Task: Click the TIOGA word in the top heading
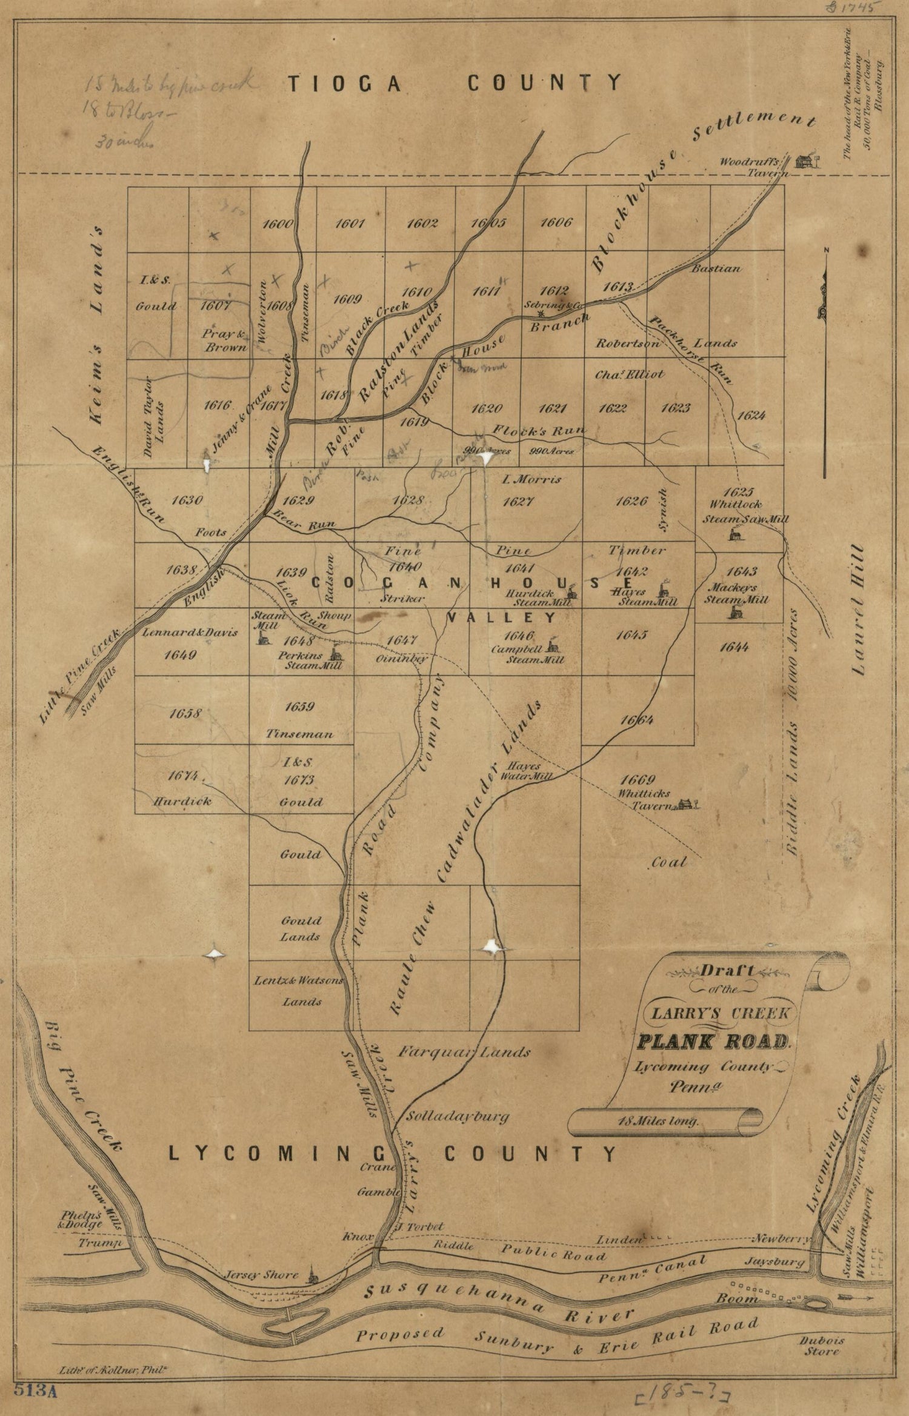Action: pyautogui.click(x=344, y=84)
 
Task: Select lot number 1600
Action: pyautogui.click(x=278, y=224)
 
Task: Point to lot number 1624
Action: pyautogui.click(x=751, y=415)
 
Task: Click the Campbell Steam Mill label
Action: pyautogui.click(x=529, y=654)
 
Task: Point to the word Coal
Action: pyautogui.click(x=669, y=862)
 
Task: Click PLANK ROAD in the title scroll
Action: pyautogui.click(x=714, y=1042)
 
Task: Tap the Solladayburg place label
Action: pyautogui.click(x=458, y=1116)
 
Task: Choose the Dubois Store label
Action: pyautogui.click(x=822, y=1346)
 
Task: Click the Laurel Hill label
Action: pyautogui.click(x=861, y=609)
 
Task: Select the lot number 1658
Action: pyautogui.click(x=185, y=713)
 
